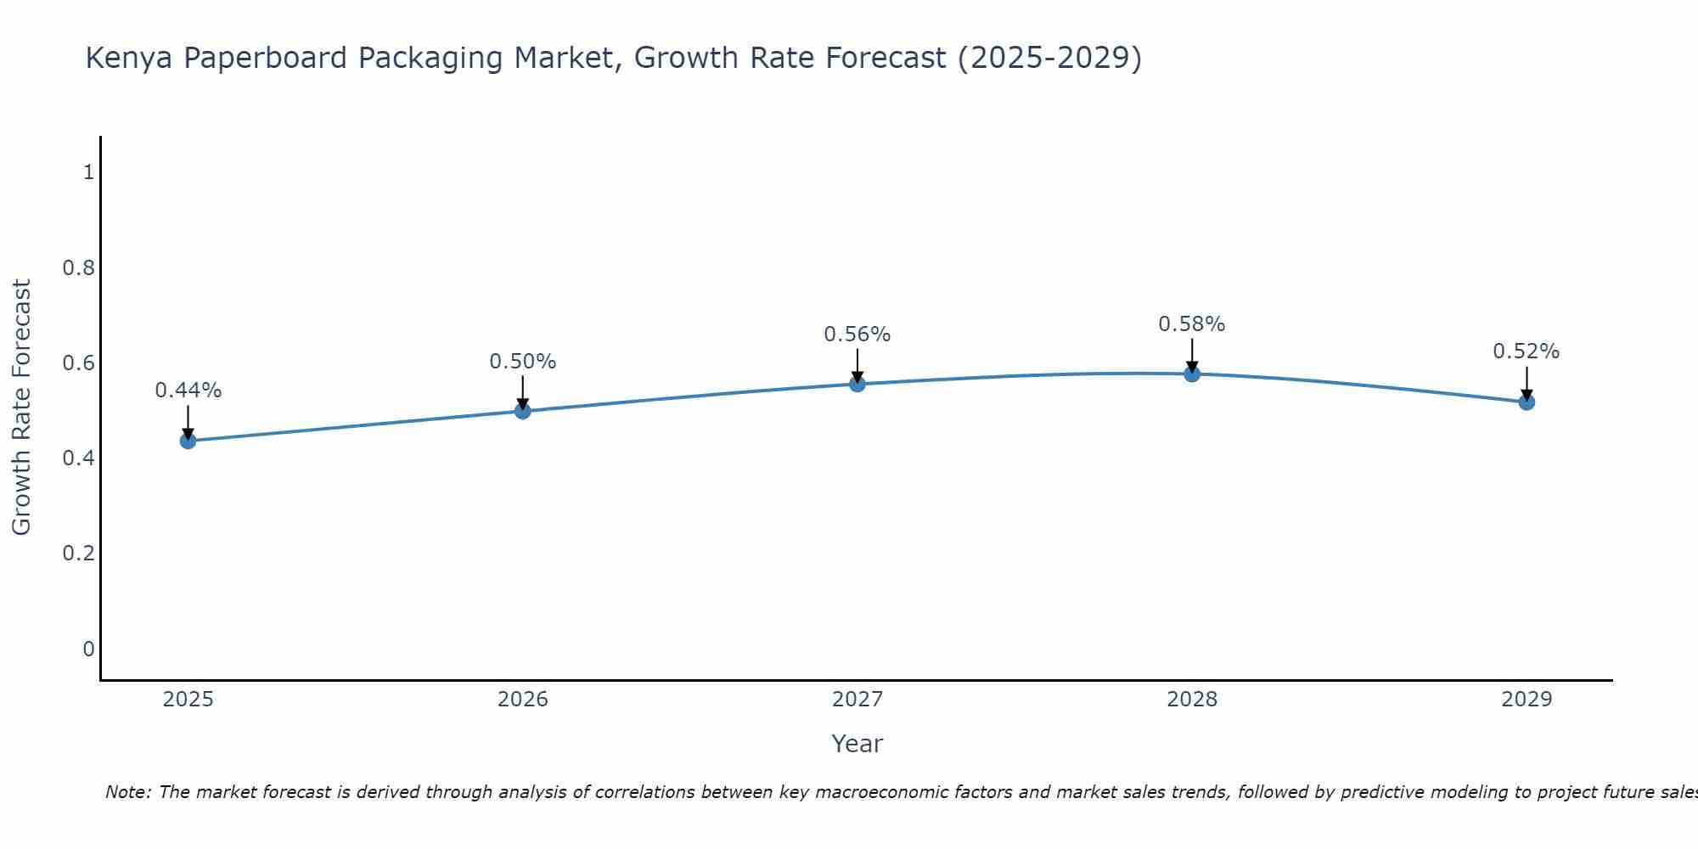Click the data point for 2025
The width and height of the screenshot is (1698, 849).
point(188,441)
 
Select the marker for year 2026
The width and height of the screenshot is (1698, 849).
point(522,411)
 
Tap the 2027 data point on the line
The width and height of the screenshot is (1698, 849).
point(857,384)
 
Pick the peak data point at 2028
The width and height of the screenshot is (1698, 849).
point(1191,374)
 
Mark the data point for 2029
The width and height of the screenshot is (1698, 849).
point(1526,402)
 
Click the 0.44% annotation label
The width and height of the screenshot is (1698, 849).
point(188,391)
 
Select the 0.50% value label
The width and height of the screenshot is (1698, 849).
point(522,362)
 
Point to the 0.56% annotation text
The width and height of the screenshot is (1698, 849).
point(857,335)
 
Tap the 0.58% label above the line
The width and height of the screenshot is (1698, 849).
point(1191,324)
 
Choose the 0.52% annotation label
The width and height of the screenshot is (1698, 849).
point(1526,351)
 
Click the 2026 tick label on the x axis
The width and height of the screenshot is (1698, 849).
point(522,700)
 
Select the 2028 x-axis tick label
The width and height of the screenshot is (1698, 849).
point(1191,700)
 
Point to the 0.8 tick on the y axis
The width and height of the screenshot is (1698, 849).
point(78,268)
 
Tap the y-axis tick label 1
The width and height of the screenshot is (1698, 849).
point(88,172)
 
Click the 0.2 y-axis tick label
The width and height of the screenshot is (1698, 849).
point(78,554)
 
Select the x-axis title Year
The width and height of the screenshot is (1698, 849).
point(857,744)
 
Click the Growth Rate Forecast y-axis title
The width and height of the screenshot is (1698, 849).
point(22,408)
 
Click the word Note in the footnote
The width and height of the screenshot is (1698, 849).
point(127,792)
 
